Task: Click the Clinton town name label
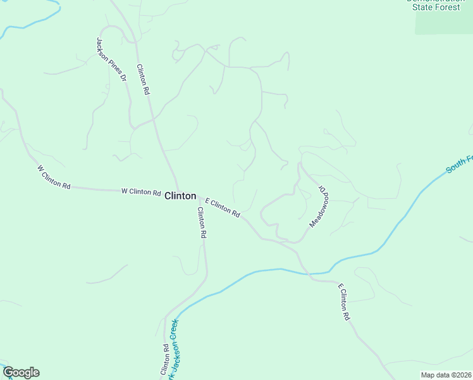pos(180,196)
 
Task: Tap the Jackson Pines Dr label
pos(111,59)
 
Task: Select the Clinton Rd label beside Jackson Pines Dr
pos(143,79)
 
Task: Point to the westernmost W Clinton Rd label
pos(53,177)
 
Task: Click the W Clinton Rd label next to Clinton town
pos(140,191)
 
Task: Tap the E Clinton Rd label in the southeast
pos(343,303)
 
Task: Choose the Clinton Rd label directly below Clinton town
pos(202,222)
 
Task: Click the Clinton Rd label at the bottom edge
pos(164,358)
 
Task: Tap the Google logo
pos(21,372)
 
